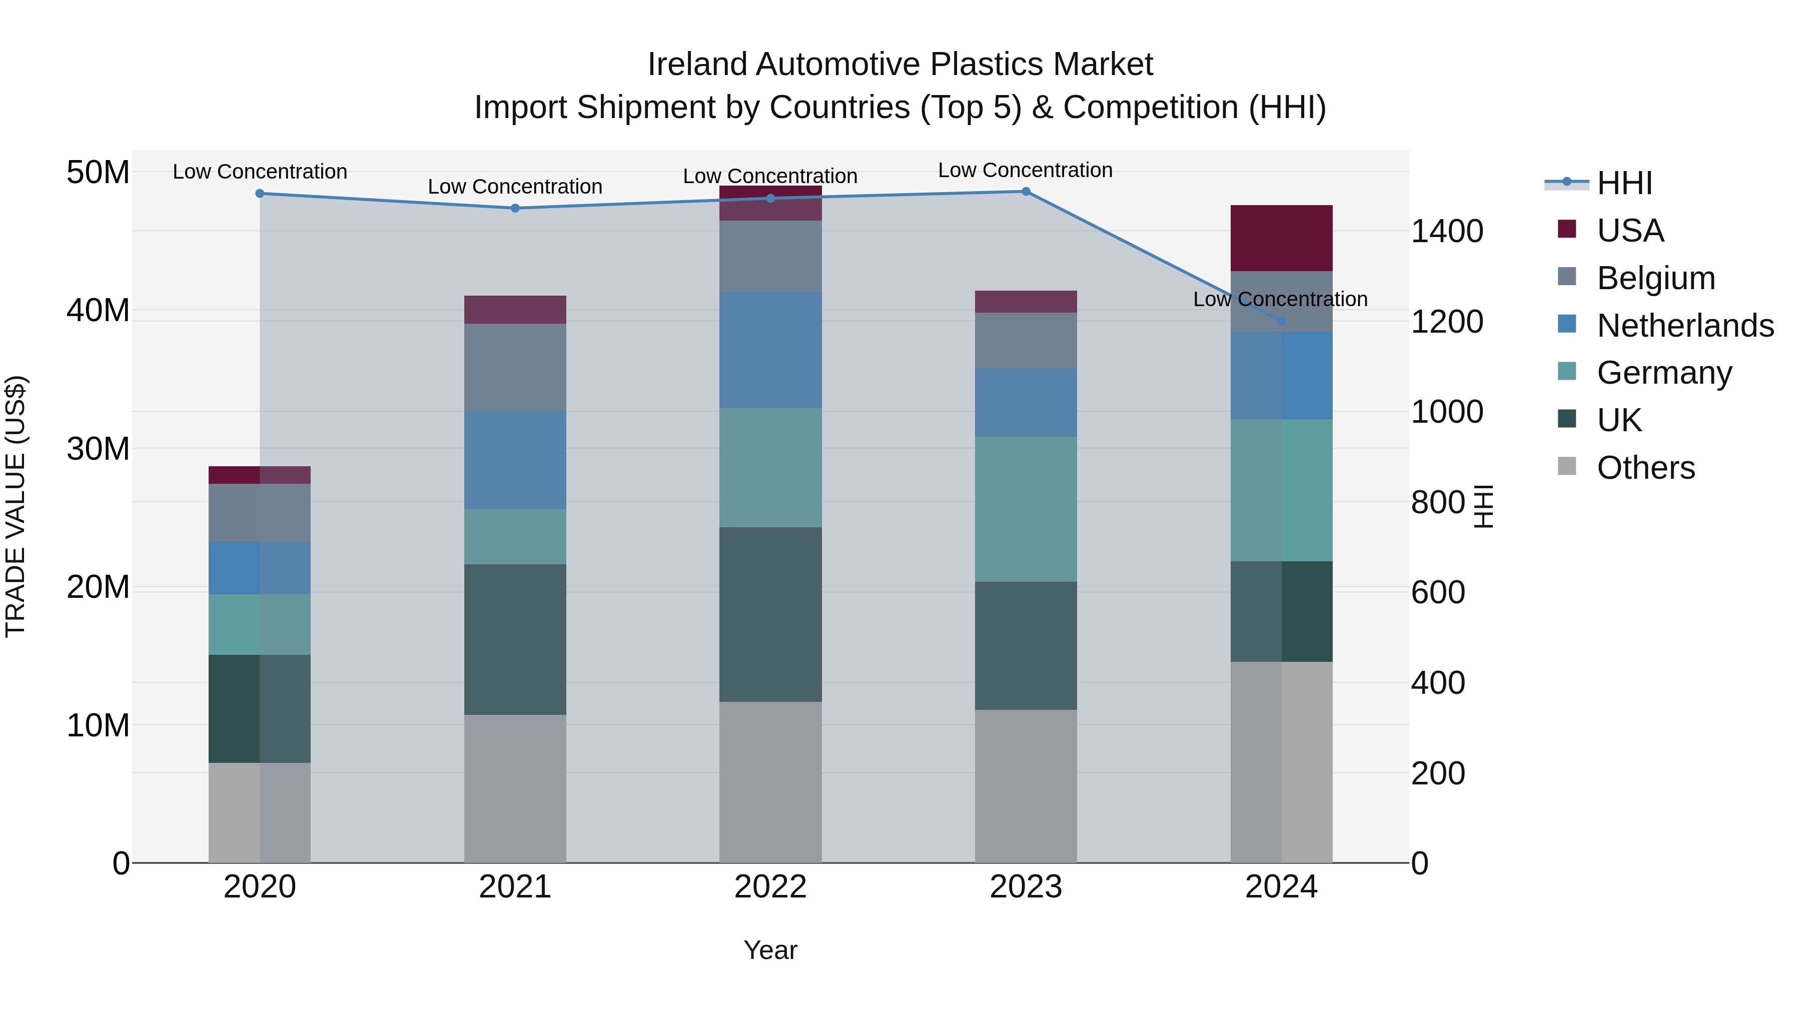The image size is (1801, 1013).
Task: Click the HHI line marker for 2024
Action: point(1281,321)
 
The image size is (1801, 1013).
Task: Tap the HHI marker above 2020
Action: point(259,194)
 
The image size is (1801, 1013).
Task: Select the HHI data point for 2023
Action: point(1026,191)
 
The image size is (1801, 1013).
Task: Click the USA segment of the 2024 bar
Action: point(1281,238)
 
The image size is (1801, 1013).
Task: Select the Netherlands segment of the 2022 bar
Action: point(770,350)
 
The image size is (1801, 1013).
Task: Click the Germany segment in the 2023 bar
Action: point(1026,509)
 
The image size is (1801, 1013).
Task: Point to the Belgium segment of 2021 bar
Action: point(515,367)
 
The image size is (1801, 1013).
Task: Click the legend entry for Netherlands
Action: point(1685,326)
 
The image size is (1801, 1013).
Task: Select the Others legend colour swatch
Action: point(1567,466)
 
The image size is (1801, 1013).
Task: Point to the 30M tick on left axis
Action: point(98,449)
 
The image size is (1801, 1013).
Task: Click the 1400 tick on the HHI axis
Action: point(1446,232)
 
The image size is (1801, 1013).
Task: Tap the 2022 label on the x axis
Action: point(770,887)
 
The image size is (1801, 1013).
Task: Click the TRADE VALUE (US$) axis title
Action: point(16,506)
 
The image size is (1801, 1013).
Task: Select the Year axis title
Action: point(770,950)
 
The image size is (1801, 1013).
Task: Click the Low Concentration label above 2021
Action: point(515,187)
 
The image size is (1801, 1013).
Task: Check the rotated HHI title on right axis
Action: point(1483,506)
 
